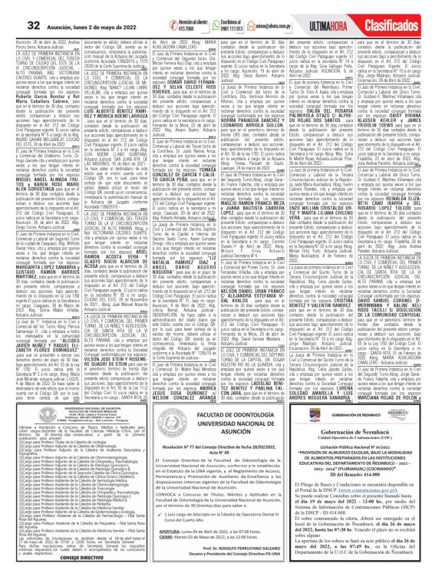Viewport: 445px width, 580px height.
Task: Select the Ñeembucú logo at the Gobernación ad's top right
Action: tap(421, 414)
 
